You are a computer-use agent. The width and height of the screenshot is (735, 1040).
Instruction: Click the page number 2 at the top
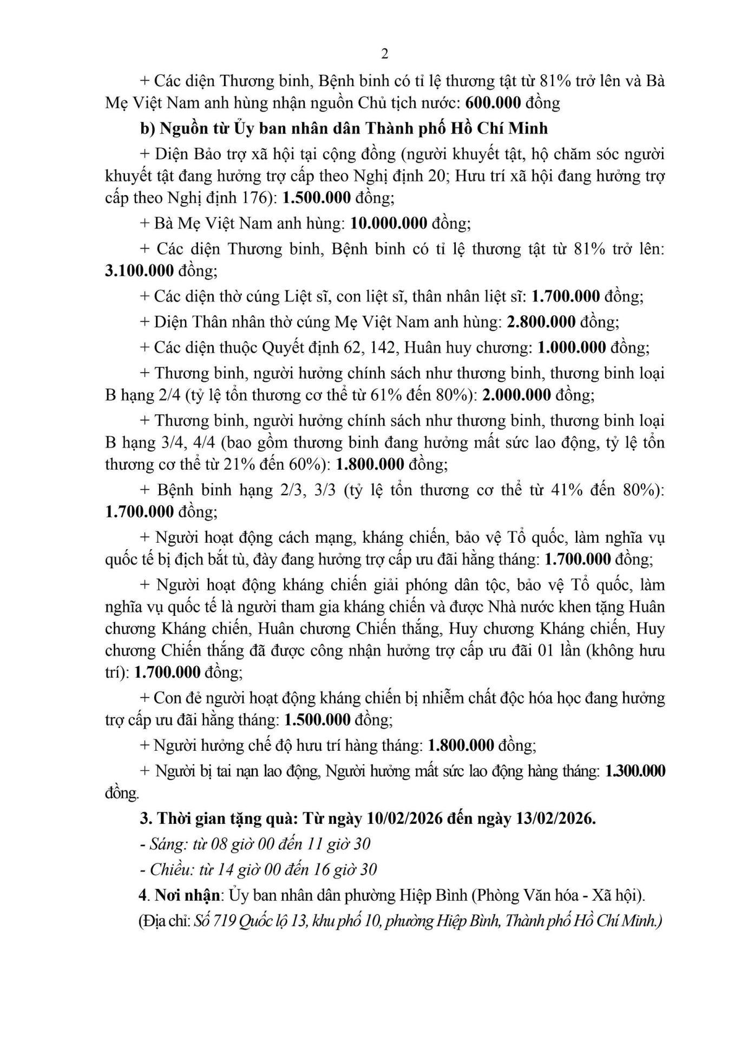(385, 54)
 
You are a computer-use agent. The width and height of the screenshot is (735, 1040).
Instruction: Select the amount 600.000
(493, 102)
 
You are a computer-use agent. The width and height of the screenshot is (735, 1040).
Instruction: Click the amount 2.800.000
(541, 322)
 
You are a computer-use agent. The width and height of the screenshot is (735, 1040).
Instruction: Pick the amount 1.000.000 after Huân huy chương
(572, 347)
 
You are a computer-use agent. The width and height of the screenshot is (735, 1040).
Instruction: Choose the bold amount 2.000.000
(516, 395)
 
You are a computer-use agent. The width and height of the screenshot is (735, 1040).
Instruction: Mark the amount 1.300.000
(635, 771)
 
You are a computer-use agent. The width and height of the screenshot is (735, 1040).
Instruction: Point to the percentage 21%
(259, 464)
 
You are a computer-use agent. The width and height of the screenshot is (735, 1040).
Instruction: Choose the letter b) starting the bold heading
(147, 128)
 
